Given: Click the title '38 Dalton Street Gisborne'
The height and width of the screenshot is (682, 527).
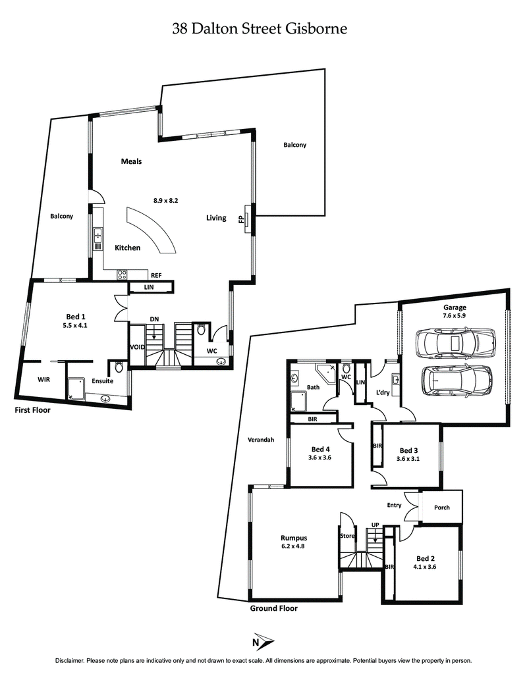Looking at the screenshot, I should pyautogui.click(x=259, y=28).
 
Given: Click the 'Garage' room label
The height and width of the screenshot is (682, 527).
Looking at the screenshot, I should pyautogui.click(x=455, y=307).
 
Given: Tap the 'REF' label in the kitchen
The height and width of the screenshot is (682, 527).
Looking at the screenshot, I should pyautogui.click(x=156, y=276).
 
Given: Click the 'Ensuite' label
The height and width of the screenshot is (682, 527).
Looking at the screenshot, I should pyautogui.click(x=102, y=380).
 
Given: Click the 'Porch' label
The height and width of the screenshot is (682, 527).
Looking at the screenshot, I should pyautogui.click(x=441, y=508).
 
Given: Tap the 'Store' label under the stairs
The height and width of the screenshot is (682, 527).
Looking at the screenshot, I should pyautogui.click(x=347, y=535).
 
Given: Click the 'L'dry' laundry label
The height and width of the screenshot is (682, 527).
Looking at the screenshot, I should pyautogui.click(x=383, y=392).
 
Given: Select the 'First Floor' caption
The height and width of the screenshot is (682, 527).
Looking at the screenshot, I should pyautogui.click(x=32, y=409).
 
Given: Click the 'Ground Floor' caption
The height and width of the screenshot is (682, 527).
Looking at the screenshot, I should pyautogui.click(x=273, y=608).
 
